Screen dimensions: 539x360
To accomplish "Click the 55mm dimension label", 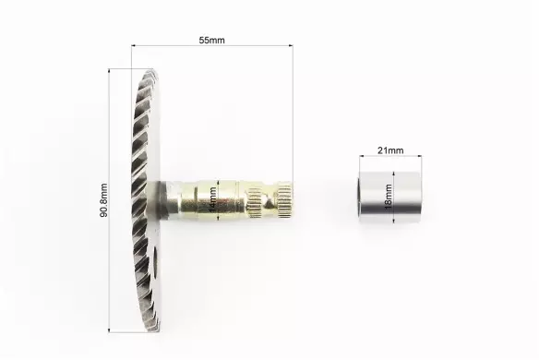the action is (x=211, y=41).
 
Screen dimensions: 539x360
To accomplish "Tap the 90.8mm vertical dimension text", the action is (x=103, y=200).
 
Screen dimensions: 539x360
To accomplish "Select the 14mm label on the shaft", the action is (x=213, y=199).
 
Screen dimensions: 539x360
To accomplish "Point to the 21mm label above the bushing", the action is (x=390, y=150).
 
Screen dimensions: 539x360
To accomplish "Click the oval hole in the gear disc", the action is (x=155, y=262).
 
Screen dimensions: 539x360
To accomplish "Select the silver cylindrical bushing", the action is (x=389, y=197).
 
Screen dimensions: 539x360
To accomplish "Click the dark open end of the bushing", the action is (x=360, y=197).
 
